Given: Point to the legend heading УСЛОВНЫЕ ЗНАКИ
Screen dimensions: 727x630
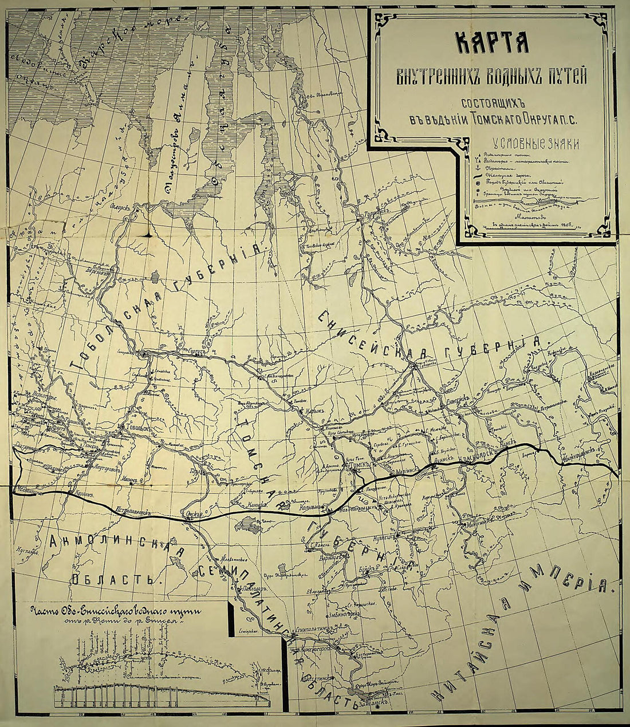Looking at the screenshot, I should click(531, 144).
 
